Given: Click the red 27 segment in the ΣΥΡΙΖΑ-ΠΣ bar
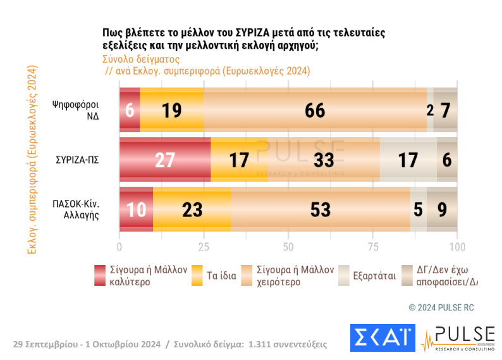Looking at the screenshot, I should tap(164, 160).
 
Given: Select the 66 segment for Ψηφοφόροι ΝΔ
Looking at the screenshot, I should tap(315, 110).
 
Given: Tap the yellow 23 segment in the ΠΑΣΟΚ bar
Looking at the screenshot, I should tap(192, 210).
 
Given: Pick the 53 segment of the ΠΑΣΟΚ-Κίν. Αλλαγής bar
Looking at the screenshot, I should tap(321, 210).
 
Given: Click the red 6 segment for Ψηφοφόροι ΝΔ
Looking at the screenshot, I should tap(130, 110).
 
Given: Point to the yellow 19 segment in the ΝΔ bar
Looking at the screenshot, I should tap(171, 110).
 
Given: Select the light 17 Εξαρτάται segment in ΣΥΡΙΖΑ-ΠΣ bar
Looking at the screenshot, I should tap(408, 160).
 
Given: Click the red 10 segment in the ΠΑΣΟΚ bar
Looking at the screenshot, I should tap(136, 210).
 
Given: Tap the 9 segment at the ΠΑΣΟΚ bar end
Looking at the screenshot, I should tap(442, 210).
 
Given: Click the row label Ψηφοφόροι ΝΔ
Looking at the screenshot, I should tap(75, 111).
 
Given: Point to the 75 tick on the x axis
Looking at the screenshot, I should tap(373, 246).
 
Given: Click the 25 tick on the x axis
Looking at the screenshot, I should tap(204, 246).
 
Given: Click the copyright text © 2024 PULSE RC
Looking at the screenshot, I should tap(441, 307).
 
